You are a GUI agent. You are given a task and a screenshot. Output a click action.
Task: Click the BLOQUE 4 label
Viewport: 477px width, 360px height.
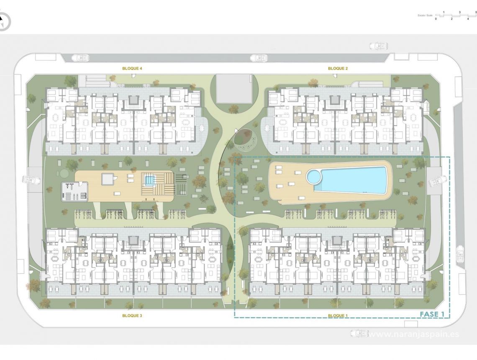(x=132, y=68)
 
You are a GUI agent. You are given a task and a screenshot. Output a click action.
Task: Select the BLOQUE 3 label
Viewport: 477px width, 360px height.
(x=132, y=316)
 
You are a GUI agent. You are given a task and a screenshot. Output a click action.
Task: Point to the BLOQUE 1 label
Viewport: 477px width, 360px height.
(x=338, y=316)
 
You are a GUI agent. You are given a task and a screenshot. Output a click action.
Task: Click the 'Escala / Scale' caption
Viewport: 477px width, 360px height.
(x=425, y=15)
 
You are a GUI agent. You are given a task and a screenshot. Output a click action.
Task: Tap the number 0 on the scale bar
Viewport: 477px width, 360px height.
(x=436, y=19)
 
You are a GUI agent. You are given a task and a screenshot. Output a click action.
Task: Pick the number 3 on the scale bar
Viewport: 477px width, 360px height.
(x=460, y=12)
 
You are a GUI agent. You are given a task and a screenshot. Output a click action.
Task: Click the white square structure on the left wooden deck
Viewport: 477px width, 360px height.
(x=108, y=179)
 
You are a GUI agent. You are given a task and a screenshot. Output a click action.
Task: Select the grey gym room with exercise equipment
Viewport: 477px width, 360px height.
(x=74, y=191)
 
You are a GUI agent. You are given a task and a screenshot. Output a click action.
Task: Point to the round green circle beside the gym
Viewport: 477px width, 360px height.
(x=63, y=173)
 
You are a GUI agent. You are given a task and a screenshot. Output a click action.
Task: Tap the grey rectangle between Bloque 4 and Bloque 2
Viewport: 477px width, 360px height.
(x=234, y=88)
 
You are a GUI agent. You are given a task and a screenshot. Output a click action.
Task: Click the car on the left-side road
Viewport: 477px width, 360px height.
(x=31, y=180)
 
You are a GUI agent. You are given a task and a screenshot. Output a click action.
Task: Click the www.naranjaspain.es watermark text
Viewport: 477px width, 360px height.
(x=414, y=334)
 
